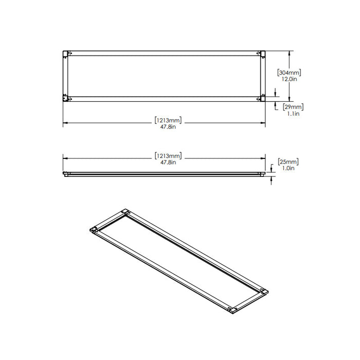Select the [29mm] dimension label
click(293, 107)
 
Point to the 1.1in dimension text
click(293, 114)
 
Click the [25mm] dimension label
click(288, 162)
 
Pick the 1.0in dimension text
click(288, 169)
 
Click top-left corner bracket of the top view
click(66, 53)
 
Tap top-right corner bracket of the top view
click(262, 53)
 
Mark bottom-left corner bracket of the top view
click(66, 98)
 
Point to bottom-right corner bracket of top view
click(262, 98)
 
